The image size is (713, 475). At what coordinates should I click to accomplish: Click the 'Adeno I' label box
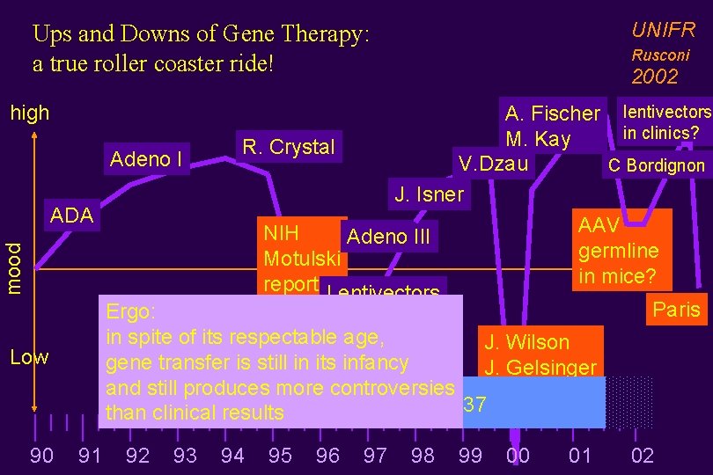click(x=146, y=159)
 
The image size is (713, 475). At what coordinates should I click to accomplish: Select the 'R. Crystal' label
click(x=289, y=147)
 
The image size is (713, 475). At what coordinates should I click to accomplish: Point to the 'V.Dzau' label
click(x=493, y=163)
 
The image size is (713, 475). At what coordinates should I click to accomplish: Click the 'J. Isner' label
click(x=429, y=194)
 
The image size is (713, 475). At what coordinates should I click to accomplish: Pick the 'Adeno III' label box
click(x=388, y=237)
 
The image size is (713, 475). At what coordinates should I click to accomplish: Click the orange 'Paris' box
click(x=676, y=310)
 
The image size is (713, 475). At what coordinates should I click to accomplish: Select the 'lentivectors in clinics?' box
click(x=665, y=122)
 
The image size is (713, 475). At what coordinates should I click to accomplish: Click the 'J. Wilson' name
click(x=527, y=342)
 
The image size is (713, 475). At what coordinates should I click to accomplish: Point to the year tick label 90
click(x=41, y=455)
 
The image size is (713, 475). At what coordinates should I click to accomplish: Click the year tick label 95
click(x=280, y=455)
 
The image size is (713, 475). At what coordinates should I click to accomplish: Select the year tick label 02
click(x=643, y=455)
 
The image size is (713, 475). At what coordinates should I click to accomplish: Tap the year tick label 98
click(x=423, y=455)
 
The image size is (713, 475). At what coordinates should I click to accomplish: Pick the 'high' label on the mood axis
click(x=30, y=113)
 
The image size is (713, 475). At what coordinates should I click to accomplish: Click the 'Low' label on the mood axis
click(x=29, y=357)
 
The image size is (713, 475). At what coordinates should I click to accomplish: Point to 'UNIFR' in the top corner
click(x=664, y=30)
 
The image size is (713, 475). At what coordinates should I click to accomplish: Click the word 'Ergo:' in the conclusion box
click(x=131, y=312)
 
